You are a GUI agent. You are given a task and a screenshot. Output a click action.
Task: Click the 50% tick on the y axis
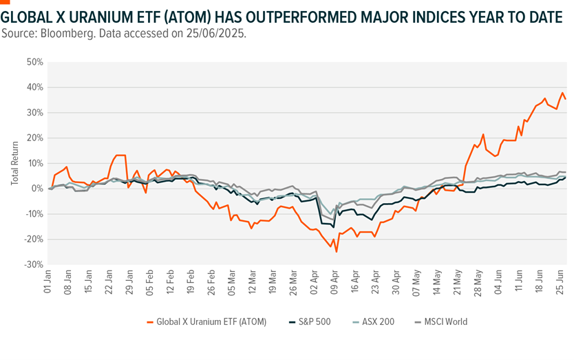[34, 62]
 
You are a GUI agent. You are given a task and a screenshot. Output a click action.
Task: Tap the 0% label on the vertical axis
[37, 189]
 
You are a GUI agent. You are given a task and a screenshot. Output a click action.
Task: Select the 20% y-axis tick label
[34, 138]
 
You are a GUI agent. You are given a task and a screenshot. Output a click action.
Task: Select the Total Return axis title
[14, 163]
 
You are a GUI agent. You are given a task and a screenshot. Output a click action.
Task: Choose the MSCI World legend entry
[439, 321]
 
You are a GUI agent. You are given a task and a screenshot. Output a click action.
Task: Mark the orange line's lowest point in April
[337, 252]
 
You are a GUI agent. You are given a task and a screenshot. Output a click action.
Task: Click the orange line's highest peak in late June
[562, 92]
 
